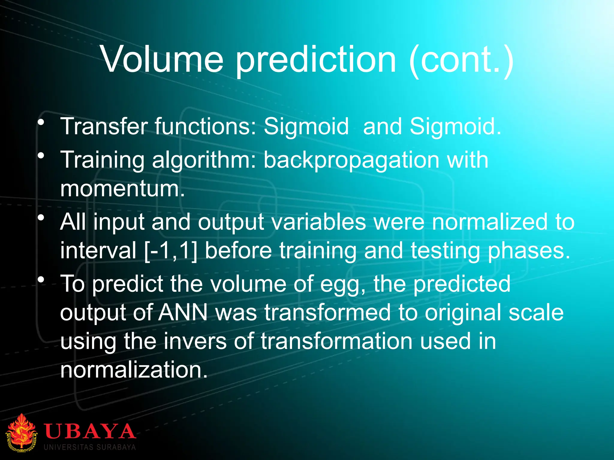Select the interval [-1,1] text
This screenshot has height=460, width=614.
point(171,251)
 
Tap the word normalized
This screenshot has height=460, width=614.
point(489,222)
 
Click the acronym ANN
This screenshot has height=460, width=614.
point(183,312)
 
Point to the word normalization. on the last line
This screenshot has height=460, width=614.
point(134,370)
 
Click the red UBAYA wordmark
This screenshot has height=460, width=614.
point(90,431)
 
